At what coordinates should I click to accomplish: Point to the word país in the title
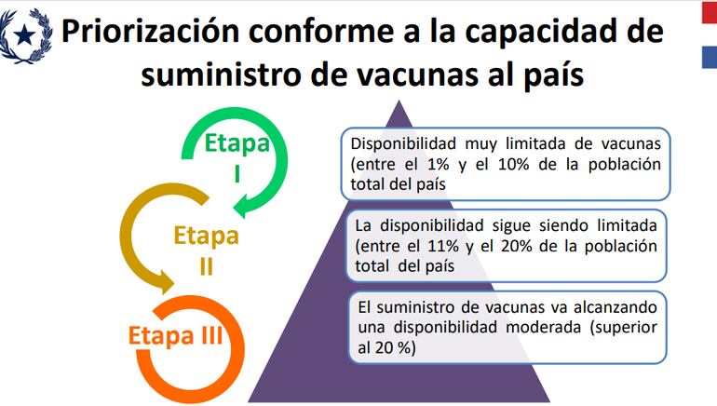(x=549, y=74)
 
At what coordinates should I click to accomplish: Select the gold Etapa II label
(x=206, y=247)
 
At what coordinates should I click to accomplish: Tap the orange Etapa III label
(x=174, y=334)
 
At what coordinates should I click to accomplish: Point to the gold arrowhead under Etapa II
(x=166, y=280)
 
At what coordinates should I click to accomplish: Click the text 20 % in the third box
(x=397, y=347)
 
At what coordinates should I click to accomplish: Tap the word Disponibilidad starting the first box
(x=405, y=144)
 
